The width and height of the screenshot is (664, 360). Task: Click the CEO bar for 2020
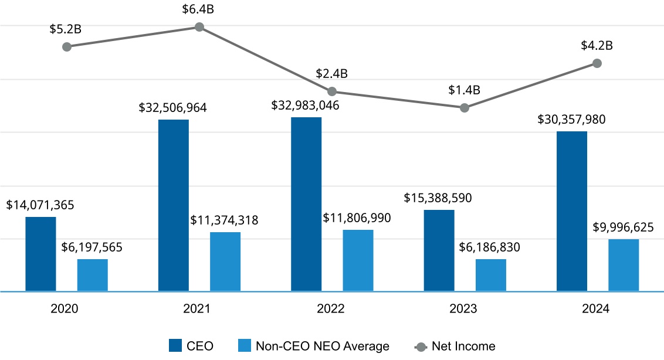[41, 254]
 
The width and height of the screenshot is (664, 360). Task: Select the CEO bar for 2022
[306, 204]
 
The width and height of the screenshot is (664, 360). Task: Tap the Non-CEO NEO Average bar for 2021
[225, 261]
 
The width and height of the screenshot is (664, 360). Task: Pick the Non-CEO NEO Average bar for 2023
[491, 275]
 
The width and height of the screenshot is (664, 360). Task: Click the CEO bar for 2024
[572, 211]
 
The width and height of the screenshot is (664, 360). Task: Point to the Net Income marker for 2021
[199, 27]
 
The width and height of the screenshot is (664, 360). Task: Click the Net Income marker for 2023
[465, 108]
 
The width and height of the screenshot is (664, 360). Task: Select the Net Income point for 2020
[67, 47]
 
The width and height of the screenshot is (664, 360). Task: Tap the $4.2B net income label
[597, 45]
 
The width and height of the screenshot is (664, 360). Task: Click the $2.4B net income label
[332, 74]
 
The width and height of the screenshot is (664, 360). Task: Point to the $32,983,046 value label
[306, 106]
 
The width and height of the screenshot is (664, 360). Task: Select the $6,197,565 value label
[92, 247]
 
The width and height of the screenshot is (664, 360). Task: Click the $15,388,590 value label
[438, 198]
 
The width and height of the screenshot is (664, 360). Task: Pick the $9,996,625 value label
[623, 227]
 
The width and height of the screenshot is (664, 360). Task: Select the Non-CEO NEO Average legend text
[322, 346]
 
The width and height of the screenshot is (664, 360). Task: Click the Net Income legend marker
[421, 346]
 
